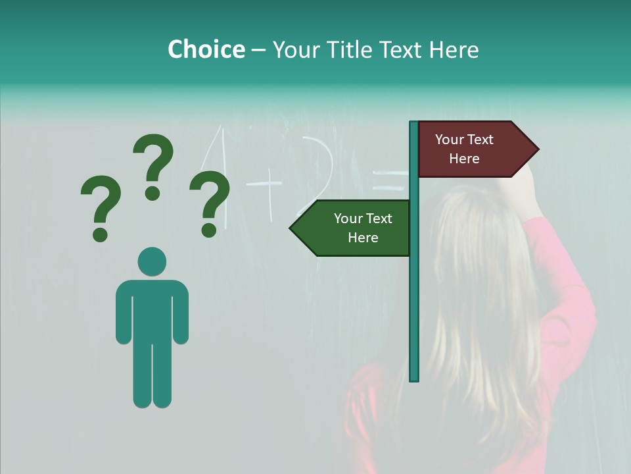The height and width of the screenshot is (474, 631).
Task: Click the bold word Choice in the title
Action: pos(206,49)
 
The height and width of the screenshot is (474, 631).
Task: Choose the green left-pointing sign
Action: pos(355,228)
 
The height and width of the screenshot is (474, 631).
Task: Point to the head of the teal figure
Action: pos(152,261)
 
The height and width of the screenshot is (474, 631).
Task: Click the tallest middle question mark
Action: pos(153,166)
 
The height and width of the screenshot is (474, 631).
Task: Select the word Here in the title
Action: pos(454,49)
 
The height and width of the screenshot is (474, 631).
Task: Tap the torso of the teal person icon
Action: pos(152,309)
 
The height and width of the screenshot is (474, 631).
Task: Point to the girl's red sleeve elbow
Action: pos(578,309)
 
